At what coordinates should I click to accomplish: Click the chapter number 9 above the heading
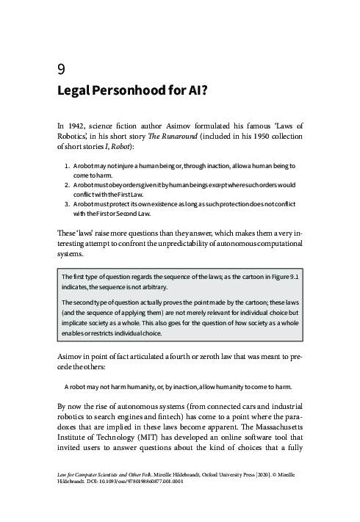(61, 70)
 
